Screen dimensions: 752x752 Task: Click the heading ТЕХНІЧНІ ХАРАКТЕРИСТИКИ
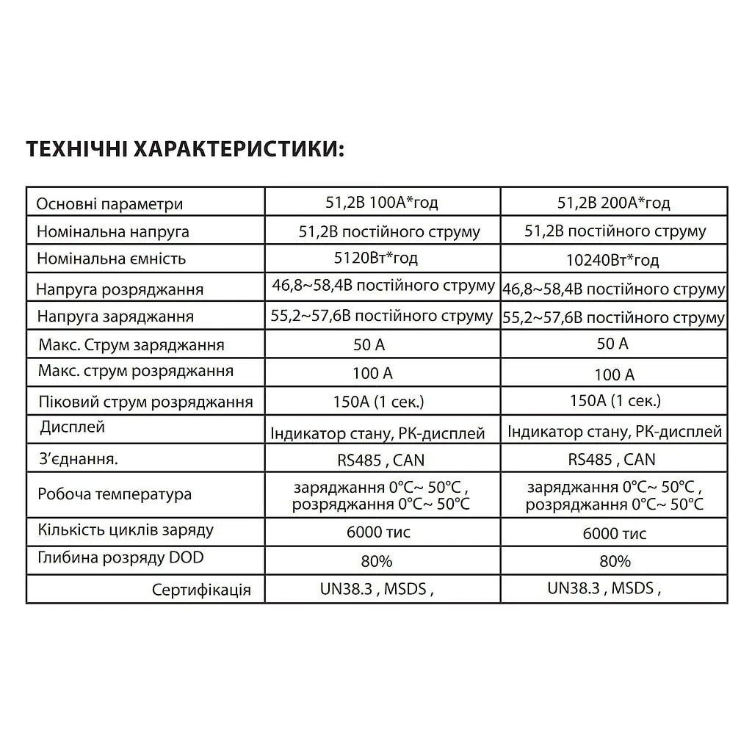point(184,148)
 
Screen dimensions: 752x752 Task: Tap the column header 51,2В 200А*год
point(613,203)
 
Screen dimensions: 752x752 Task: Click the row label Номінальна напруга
point(113,232)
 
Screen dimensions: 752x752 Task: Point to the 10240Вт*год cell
point(613,260)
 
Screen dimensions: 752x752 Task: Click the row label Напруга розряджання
point(120,289)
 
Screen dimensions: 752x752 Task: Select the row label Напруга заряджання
point(115,317)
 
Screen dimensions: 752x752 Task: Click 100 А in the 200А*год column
point(614,375)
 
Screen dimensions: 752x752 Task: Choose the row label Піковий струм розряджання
point(145,402)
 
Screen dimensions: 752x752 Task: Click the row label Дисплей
point(73,427)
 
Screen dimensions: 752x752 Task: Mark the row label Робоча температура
point(115,494)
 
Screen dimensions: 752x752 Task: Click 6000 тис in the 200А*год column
point(614,534)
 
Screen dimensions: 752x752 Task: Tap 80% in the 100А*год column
point(377,562)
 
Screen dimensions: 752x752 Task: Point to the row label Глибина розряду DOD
point(120,558)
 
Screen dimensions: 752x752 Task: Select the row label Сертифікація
point(201,590)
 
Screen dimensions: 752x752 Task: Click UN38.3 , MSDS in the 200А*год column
point(604,588)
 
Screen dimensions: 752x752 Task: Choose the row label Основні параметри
point(109,204)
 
